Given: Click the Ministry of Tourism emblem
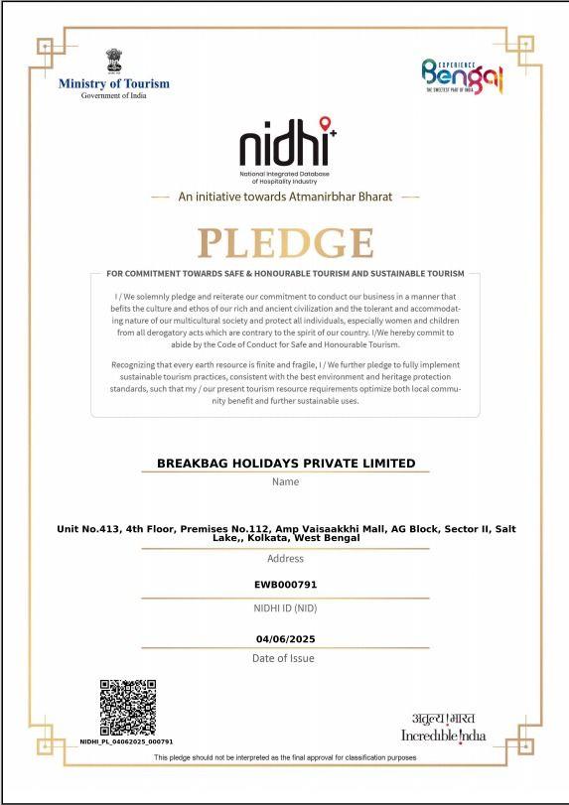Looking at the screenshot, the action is [x=113, y=61].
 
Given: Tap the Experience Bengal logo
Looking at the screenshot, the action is [x=463, y=75].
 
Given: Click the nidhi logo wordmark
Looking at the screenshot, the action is [x=284, y=145].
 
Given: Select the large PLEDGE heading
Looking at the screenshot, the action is [x=285, y=243].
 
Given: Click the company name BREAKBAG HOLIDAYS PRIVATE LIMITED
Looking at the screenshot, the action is [x=286, y=464].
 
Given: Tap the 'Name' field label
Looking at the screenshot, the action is [x=285, y=482].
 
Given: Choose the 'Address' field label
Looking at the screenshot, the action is [x=285, y=559].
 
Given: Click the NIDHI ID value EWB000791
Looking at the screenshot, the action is [x=285, y=585].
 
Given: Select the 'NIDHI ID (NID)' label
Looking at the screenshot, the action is [x=285, y=607].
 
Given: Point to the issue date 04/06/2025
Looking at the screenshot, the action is [x=285, y=638].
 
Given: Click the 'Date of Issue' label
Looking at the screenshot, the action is [x=285, y=658].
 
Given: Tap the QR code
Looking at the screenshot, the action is [x=128, y=707].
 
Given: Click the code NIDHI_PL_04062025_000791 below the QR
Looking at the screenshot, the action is [x=126, y=741].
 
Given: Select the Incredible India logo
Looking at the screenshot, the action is [x=444, y=728].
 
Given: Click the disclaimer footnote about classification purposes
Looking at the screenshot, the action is [x=285, y=758].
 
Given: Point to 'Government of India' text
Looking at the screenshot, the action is [x=113, y=95].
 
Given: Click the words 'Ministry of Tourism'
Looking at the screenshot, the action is [x=113, y=83].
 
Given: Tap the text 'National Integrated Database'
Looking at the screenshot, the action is [x=285, y=174].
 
